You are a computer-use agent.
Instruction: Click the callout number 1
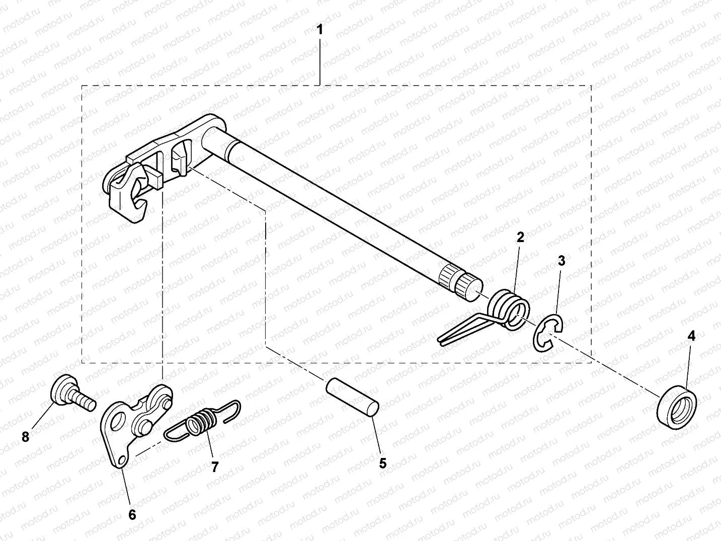point(319,29)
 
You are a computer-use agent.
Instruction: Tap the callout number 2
point(520,237)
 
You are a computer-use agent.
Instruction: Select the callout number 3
point(562,261)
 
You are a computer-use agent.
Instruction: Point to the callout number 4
point(691,336)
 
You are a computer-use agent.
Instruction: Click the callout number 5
point(382,463)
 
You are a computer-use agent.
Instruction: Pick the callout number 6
point(132,514)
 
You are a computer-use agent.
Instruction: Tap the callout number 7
point(215,467)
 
